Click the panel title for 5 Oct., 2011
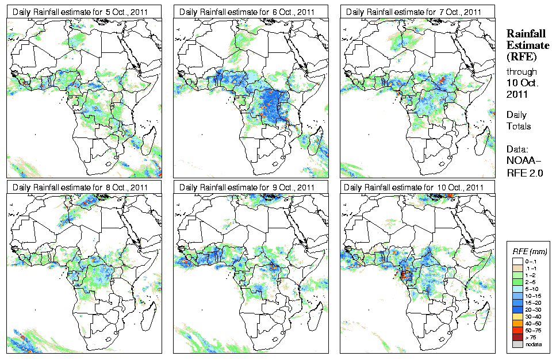click(80, 12)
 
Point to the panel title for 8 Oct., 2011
click(80, 187)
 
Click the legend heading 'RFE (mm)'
click(530, 251)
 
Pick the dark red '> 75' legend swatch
click(517, 336)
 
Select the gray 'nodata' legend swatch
click(517, 344)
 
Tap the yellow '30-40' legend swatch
click(517, 316)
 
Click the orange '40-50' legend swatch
click(517, 323)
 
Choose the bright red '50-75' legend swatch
click(517, 330)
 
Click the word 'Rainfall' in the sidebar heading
click(525, 35)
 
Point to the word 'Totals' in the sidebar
click(518, 126)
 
